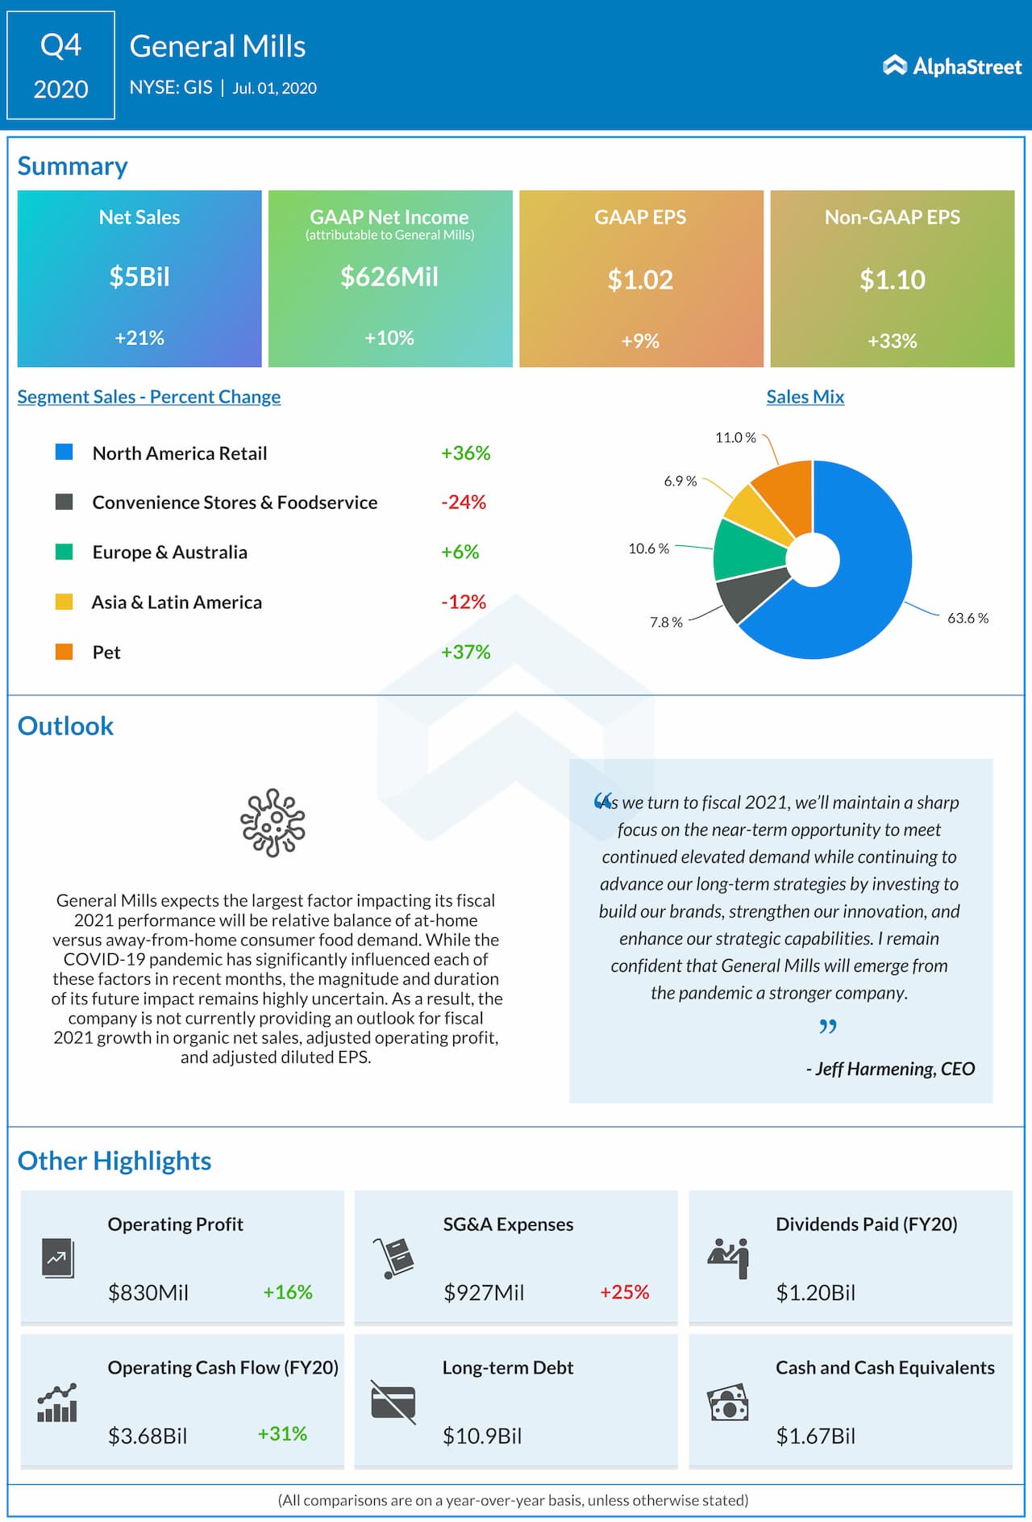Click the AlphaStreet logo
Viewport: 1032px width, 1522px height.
click(x=952, y=66)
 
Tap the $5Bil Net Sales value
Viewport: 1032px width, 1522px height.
click(x=139, y=277)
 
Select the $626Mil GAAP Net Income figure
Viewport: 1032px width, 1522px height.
click(x=389, y=277)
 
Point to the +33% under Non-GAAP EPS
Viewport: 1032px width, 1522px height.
click(x=892, y=341)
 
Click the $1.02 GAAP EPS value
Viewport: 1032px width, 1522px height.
click(x=640, y=280)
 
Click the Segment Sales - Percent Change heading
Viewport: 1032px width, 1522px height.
click(x=149, y=397)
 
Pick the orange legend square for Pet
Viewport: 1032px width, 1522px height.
click(x=64, y=652)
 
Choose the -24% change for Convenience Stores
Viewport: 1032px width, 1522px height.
click(x=464, y=502)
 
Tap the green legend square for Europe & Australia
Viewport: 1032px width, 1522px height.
click(x=64, y=552)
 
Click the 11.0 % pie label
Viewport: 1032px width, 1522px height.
click(x=735, y=438)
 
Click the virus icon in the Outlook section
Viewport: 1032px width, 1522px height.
click(x=273, y=823)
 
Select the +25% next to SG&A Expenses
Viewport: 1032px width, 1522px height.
click(x=624, y=1292)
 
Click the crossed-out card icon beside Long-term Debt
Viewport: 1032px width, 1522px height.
click(x=393, y=1402)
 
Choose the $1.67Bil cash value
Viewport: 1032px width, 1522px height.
click(x=815, y=1436)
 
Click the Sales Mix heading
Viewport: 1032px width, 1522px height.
click(x=805, y=397)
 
